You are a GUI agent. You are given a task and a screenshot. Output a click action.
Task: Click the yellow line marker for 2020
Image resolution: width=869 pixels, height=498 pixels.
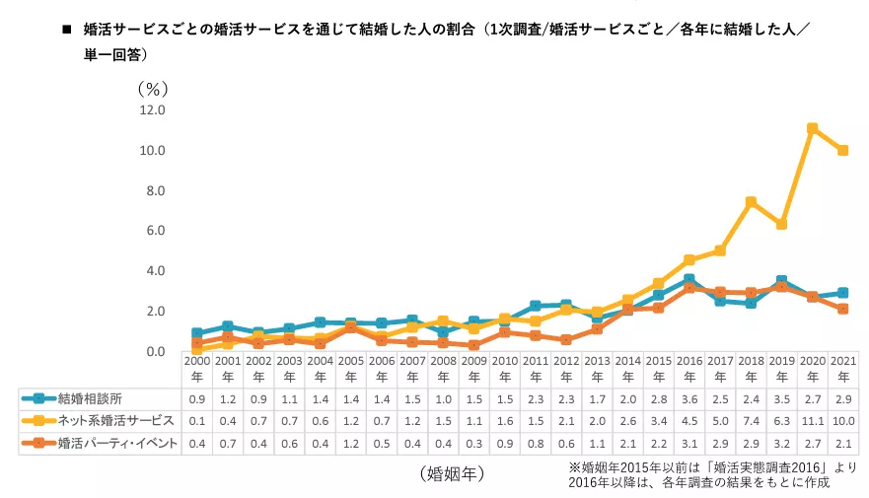pos(812,128)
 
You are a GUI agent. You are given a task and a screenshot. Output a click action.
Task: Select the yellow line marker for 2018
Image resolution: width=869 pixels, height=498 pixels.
pos(751,202)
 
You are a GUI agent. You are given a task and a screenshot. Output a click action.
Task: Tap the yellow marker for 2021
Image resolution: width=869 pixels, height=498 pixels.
pos(842,150)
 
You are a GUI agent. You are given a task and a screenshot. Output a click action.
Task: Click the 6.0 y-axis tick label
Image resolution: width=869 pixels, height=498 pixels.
pos(154,231)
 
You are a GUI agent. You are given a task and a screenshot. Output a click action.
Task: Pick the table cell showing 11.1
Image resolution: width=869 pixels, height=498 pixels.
pos(812,422)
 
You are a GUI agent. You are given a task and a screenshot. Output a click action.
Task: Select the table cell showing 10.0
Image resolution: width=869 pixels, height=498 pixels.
pos(842,422)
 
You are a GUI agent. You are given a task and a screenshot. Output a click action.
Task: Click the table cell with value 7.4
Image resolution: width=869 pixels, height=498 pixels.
pos(751,422)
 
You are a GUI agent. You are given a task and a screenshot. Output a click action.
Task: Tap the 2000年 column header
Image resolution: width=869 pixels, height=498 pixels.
pos(197,369)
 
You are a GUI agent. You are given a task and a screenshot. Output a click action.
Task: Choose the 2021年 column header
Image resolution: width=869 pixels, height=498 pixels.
pos(842,369)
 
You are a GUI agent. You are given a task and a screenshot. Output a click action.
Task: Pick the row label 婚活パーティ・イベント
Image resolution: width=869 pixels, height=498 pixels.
pos(118,444)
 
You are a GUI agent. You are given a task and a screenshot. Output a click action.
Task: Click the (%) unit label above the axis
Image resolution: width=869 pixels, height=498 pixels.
pos(154,88)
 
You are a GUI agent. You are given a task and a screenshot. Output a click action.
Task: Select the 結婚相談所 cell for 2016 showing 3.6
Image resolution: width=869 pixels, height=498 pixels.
pos(689,398)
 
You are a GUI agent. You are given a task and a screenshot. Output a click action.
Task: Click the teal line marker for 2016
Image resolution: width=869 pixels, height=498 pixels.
pos(689,280)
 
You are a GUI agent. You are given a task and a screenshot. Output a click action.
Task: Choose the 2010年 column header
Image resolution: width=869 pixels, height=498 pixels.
pos(504,369)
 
